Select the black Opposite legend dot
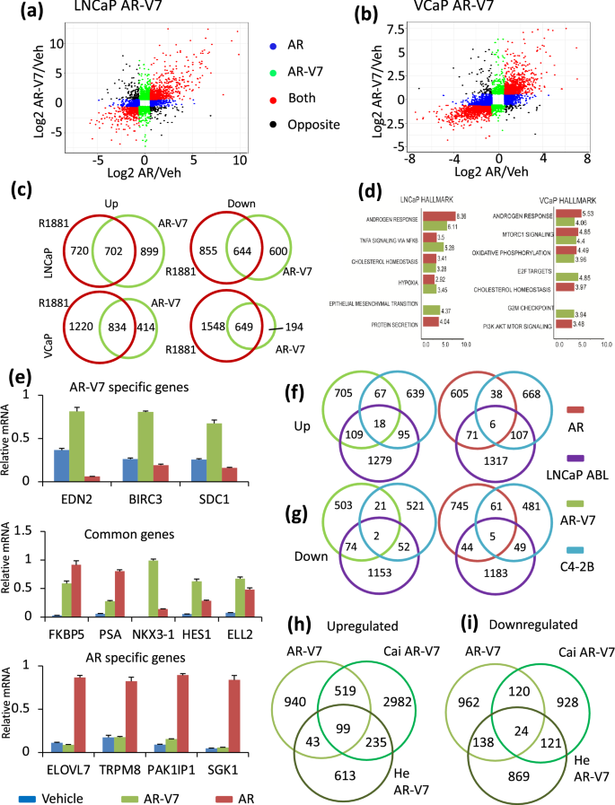[275, 124]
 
